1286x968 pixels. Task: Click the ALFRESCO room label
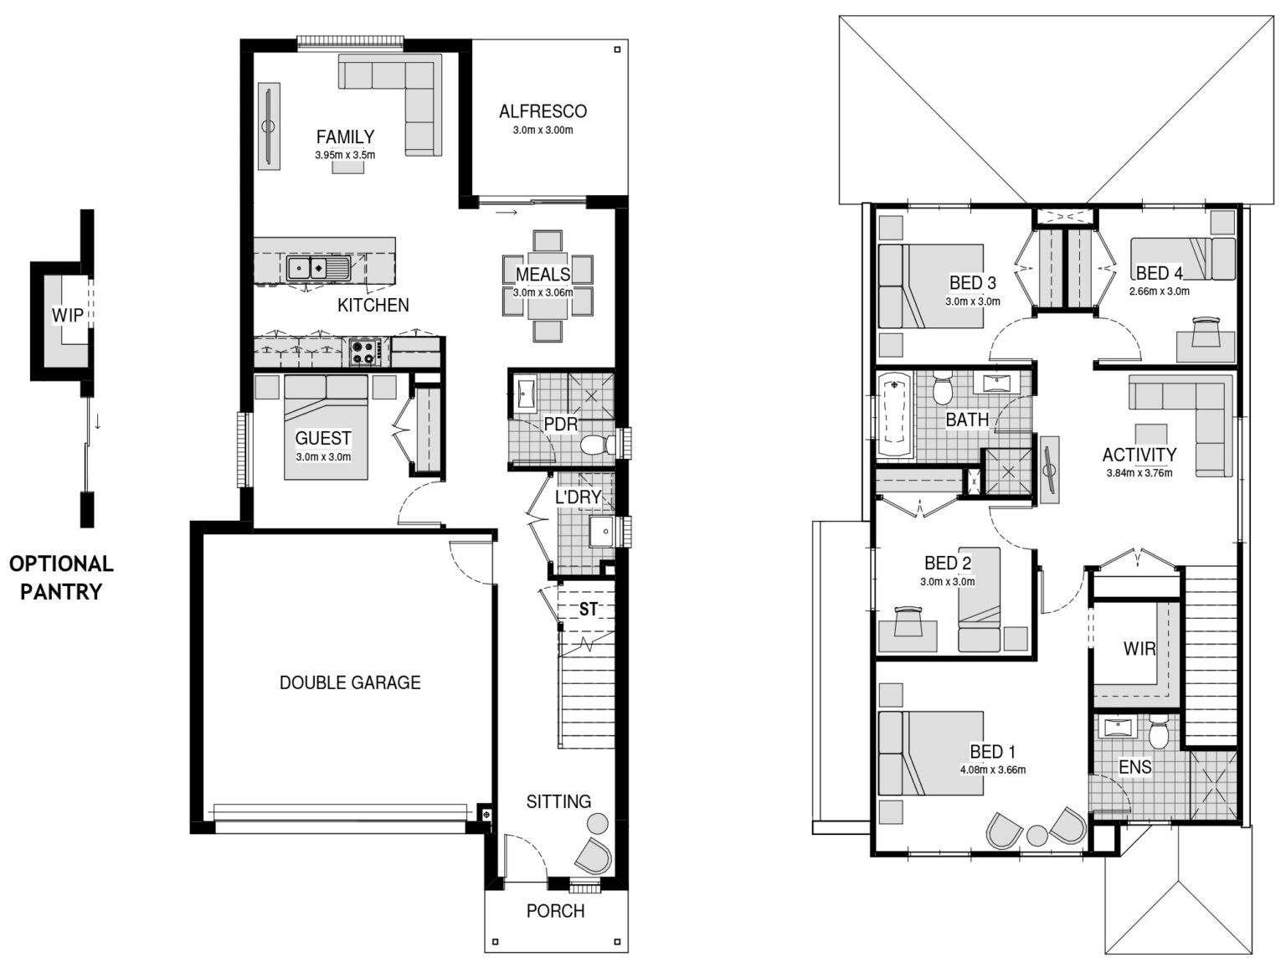point(543,111)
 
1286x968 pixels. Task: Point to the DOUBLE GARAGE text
point(350,682)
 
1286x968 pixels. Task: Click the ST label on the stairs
point(589,610)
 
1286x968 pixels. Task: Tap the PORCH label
point(555,911)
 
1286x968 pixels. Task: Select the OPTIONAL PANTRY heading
point(61,578)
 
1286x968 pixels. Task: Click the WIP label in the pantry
point(67,315)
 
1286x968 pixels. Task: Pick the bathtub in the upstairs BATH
point(895,414)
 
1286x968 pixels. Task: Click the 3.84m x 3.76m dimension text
point(1139,473)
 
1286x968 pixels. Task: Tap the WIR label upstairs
point(1139,648)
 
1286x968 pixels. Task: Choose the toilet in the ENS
point(1158,731)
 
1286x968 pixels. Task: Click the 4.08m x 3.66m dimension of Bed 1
point(992,770)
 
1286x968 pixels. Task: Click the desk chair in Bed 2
point(907,621)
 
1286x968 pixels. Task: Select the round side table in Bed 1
point(1037,836)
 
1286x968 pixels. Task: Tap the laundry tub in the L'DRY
point(601,532)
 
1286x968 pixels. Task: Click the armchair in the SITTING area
point(594,857)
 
